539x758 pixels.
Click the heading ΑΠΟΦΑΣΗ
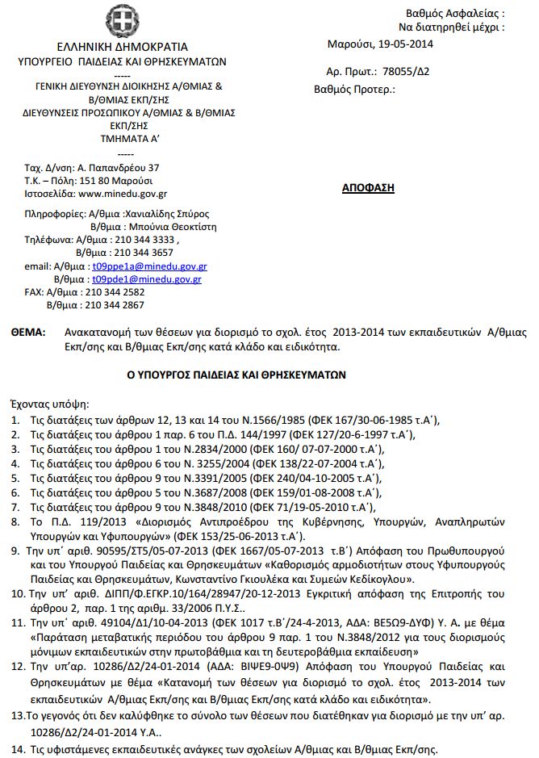click(x=367, y=187)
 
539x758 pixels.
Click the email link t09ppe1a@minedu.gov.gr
click(x=149, y=265)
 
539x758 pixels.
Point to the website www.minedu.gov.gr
click(x=123, y=194)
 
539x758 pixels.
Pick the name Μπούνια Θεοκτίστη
click(x=166, y=227)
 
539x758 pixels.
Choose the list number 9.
click(x=15, y=549)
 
